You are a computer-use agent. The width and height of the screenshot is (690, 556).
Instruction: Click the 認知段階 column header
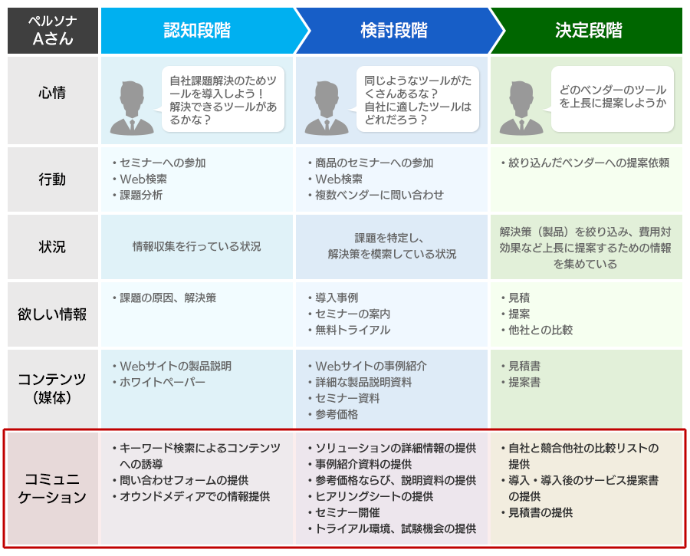coord(197,31)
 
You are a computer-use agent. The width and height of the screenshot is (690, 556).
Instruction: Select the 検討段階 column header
coord(394,31)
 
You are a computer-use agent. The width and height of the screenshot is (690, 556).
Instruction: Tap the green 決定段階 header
coord(588,31)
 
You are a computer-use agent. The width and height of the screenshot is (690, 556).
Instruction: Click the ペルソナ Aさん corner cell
coord(53,31)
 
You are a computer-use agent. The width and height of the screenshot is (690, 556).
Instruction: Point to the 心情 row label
coord(52,93)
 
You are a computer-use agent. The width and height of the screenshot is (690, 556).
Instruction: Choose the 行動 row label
coord(52,179)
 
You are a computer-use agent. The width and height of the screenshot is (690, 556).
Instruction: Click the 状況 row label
coord(52,246)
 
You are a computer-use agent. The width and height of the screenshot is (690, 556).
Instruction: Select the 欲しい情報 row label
coord(52,314)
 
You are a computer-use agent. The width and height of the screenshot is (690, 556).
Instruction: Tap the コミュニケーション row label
coord(52,488)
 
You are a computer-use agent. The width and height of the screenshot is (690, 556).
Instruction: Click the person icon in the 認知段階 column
coord(132,108)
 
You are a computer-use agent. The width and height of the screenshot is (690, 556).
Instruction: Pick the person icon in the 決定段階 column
coord(521,108)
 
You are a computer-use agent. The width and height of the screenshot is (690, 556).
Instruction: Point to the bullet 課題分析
coord(138,195)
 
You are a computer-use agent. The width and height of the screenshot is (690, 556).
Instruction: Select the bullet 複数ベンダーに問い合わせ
coord(376,195)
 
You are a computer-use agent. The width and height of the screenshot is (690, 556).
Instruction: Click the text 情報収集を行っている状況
coord(197,246)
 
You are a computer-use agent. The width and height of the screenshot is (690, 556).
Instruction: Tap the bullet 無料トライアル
coord(350,331)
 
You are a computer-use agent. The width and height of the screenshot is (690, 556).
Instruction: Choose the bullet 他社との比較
coord(537,331)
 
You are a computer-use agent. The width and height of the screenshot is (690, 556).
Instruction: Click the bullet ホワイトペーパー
coord(159,382)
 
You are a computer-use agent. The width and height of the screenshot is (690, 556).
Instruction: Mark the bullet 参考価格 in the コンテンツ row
coord(333,414)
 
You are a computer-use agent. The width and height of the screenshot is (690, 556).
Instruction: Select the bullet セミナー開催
coord(344,512)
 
